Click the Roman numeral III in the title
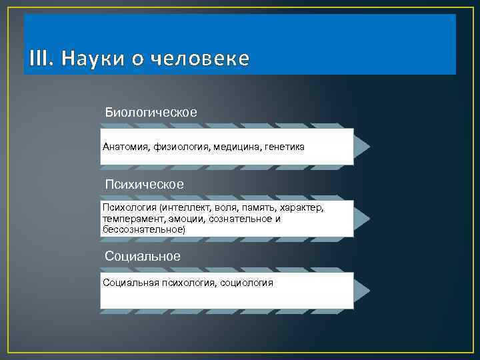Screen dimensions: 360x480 pos(40,59)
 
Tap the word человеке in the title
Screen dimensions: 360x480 pos(200,59)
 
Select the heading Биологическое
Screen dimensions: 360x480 pos(151,112)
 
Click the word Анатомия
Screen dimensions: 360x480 pos(125,146)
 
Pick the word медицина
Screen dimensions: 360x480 pos(237,146)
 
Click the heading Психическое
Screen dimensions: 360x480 pos(145,183)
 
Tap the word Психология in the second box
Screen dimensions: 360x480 pos(125,208)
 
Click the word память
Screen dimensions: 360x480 pos(252,208)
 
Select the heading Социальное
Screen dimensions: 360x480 pos(143,256)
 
